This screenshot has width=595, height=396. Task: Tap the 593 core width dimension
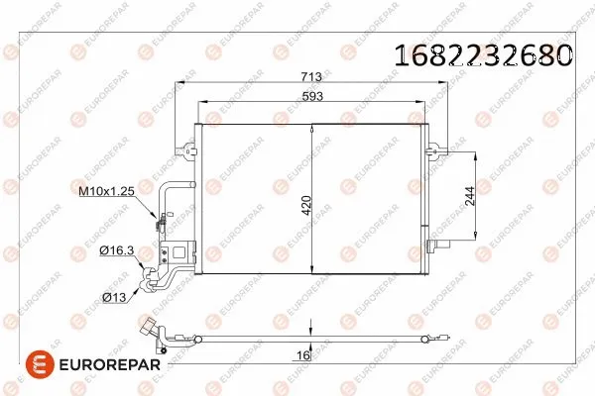click(310, 97)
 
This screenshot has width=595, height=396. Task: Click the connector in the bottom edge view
click(153, 330)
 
